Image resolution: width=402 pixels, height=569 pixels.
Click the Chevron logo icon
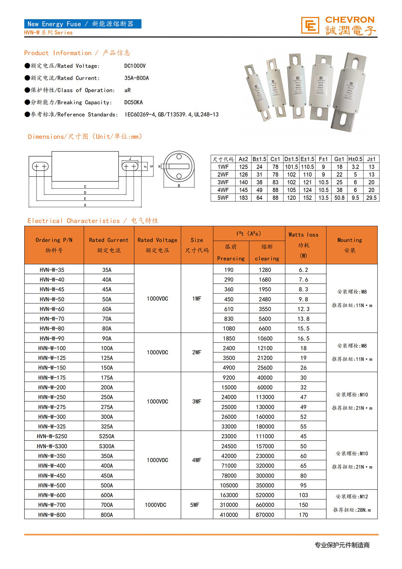point(310,25)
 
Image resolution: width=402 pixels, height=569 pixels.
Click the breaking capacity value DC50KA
point(133,102)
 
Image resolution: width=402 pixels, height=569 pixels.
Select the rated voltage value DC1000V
point(135,66)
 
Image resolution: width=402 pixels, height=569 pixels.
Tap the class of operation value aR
point(127,90)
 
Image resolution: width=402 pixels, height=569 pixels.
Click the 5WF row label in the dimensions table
point(223,198)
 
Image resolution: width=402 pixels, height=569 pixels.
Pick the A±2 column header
point(243,159)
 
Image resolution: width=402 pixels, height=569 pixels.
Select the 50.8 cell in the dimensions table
point(339,198)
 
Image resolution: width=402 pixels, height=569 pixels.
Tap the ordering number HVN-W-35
point(52,270)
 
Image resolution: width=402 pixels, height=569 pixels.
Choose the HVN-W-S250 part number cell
point(52,436)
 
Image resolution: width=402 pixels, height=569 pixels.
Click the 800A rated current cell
point(107,515)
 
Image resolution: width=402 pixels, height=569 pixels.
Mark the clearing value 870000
point(265,515)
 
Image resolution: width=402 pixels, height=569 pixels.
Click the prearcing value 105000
point(229,485)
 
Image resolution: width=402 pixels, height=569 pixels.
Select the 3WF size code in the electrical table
point(197,401)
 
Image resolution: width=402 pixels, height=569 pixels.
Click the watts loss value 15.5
point(304,329)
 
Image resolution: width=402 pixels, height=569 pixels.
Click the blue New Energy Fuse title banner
point(82,24)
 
